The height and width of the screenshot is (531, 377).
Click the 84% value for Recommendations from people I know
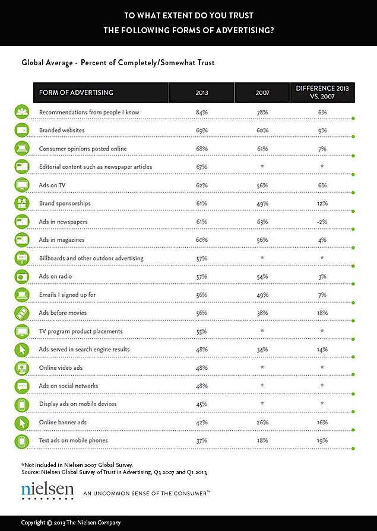click(202, 112)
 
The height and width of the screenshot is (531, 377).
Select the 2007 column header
click(262, 92)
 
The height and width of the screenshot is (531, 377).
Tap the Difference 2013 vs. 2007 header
click(322, 92)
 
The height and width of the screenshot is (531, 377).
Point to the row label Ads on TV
click(52, 185)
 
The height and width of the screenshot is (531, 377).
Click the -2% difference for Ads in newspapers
click(322, 222)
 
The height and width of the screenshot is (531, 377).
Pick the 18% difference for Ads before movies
click(322, 313)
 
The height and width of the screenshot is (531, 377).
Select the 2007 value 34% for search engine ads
click(262, 350)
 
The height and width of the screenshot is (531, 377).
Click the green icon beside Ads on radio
click(22, 276)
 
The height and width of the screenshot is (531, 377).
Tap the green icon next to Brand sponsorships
click(22, 203)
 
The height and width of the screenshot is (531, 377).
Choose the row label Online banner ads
click(63, 423)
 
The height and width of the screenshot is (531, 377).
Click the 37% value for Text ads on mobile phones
click(202, 440)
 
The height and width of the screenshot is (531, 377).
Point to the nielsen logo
click(47, 491)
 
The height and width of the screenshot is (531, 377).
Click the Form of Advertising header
click(76, 92)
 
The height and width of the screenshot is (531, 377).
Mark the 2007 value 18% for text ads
click(262, 440)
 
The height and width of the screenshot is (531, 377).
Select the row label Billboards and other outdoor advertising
click(91, 258)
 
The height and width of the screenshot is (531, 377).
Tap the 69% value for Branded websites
click(202, 130)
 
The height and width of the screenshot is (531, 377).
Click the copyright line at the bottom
click(71, 523)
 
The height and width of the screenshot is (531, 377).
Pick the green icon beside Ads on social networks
click(22, 386)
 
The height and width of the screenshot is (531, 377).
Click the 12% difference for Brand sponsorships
click(322, 203)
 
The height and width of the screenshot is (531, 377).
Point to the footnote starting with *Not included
click(77, 465)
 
